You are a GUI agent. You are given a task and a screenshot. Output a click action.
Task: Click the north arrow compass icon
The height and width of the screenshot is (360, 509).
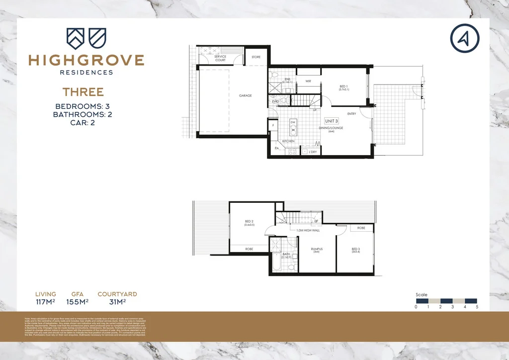[x=465, y=38]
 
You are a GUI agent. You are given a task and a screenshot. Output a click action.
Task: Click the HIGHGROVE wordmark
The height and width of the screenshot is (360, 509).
[x=86, y=61]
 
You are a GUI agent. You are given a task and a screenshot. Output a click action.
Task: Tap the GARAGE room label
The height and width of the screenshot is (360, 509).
[x=245, y=95]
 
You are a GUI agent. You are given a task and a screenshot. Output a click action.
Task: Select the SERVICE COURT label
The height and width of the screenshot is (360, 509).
[x=220, y=58]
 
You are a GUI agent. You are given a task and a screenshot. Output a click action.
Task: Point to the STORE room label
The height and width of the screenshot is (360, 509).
[x=256, y=57]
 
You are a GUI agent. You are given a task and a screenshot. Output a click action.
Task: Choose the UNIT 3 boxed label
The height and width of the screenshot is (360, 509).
[x=332, y=121]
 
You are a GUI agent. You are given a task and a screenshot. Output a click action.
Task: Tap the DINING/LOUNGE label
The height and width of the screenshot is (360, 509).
[x=331, y=128]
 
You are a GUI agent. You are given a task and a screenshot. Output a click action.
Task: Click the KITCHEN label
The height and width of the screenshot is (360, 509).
[x=289, y=141]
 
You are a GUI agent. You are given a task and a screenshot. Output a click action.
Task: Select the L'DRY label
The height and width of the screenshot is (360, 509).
[x=313, y=151]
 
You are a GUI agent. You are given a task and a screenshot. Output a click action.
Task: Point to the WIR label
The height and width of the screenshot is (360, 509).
[x=308, y=81]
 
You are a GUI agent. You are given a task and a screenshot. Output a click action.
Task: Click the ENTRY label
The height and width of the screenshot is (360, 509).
[x=351, y=114]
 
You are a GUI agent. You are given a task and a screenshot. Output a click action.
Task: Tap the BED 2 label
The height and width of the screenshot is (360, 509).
[x=250, y=222]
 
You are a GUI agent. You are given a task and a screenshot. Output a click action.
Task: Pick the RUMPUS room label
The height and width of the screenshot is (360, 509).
[x=317, y=249]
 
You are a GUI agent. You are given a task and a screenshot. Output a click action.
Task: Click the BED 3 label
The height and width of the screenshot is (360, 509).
[x=356, y=249]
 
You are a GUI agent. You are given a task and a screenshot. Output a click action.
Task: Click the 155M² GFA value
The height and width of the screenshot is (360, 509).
[x=77, y=301]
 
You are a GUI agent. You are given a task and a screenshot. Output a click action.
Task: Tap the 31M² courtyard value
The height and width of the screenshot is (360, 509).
[x=117, y=301]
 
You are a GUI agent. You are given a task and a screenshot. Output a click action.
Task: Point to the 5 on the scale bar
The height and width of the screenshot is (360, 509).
[x=477, y=307]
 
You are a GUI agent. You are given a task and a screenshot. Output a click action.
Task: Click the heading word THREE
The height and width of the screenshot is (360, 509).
[x=83, y=92]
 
